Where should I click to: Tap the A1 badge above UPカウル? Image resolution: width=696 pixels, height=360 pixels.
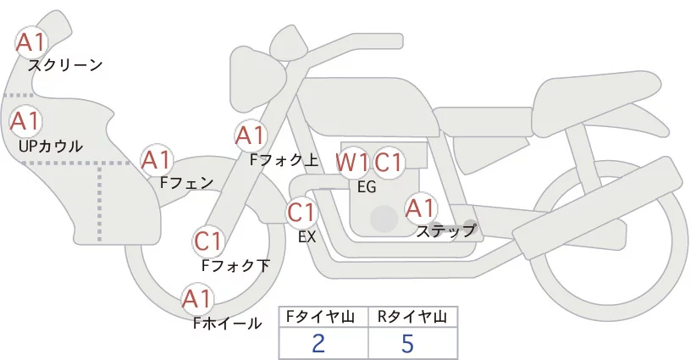point(25,121)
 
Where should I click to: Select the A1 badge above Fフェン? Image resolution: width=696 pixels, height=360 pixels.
point(157,159)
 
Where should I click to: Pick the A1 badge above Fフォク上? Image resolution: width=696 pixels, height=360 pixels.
point(251,135)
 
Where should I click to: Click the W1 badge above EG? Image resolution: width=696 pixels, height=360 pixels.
point(352,162)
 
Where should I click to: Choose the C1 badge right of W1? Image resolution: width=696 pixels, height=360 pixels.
point(389,162)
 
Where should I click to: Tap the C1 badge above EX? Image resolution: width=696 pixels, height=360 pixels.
point(301,211)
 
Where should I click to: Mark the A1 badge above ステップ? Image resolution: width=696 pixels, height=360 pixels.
point(421,207)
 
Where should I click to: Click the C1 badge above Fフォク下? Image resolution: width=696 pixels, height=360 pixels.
point(207,241)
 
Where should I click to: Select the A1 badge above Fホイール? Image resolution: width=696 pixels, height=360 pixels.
point(197,299)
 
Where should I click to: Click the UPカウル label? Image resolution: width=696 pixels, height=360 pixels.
point(51,146)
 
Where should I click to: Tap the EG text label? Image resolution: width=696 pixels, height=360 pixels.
point(367,187)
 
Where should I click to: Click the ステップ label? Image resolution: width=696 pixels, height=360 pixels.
point(446,230)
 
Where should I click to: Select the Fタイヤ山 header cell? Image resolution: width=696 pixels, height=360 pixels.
point(323,317)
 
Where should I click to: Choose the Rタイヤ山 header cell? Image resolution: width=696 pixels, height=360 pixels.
point(412,317)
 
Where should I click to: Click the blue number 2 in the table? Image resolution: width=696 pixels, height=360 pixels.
point(318,343)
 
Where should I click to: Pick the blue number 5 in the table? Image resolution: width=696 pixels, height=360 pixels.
point(408,343)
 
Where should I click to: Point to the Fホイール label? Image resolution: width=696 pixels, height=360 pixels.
point(228,323)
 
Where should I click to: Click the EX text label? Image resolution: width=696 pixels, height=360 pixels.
point(307,237)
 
